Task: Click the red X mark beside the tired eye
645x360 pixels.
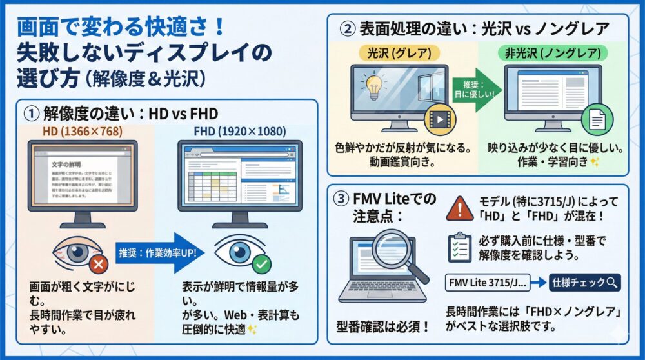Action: (97, 264)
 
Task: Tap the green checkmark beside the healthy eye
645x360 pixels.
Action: (262, 264)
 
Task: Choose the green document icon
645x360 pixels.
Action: (592, 119)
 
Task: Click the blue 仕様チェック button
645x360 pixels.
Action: (584, 283)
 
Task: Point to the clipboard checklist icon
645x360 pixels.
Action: (459, 248)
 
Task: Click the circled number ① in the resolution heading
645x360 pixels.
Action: (32, 113)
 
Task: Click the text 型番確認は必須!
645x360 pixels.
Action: (382, 326)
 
